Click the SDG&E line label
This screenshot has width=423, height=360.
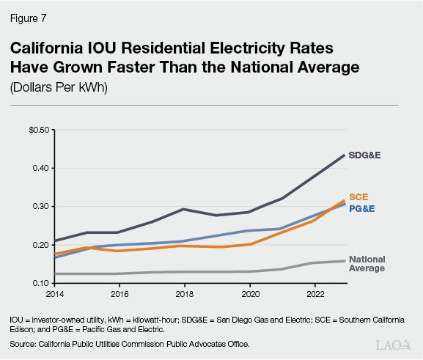366,155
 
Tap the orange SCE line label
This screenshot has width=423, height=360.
358,197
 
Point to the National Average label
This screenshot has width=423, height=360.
367,264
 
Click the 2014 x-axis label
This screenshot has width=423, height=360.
55,295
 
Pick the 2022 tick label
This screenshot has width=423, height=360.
315,295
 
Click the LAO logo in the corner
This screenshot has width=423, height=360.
393,344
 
